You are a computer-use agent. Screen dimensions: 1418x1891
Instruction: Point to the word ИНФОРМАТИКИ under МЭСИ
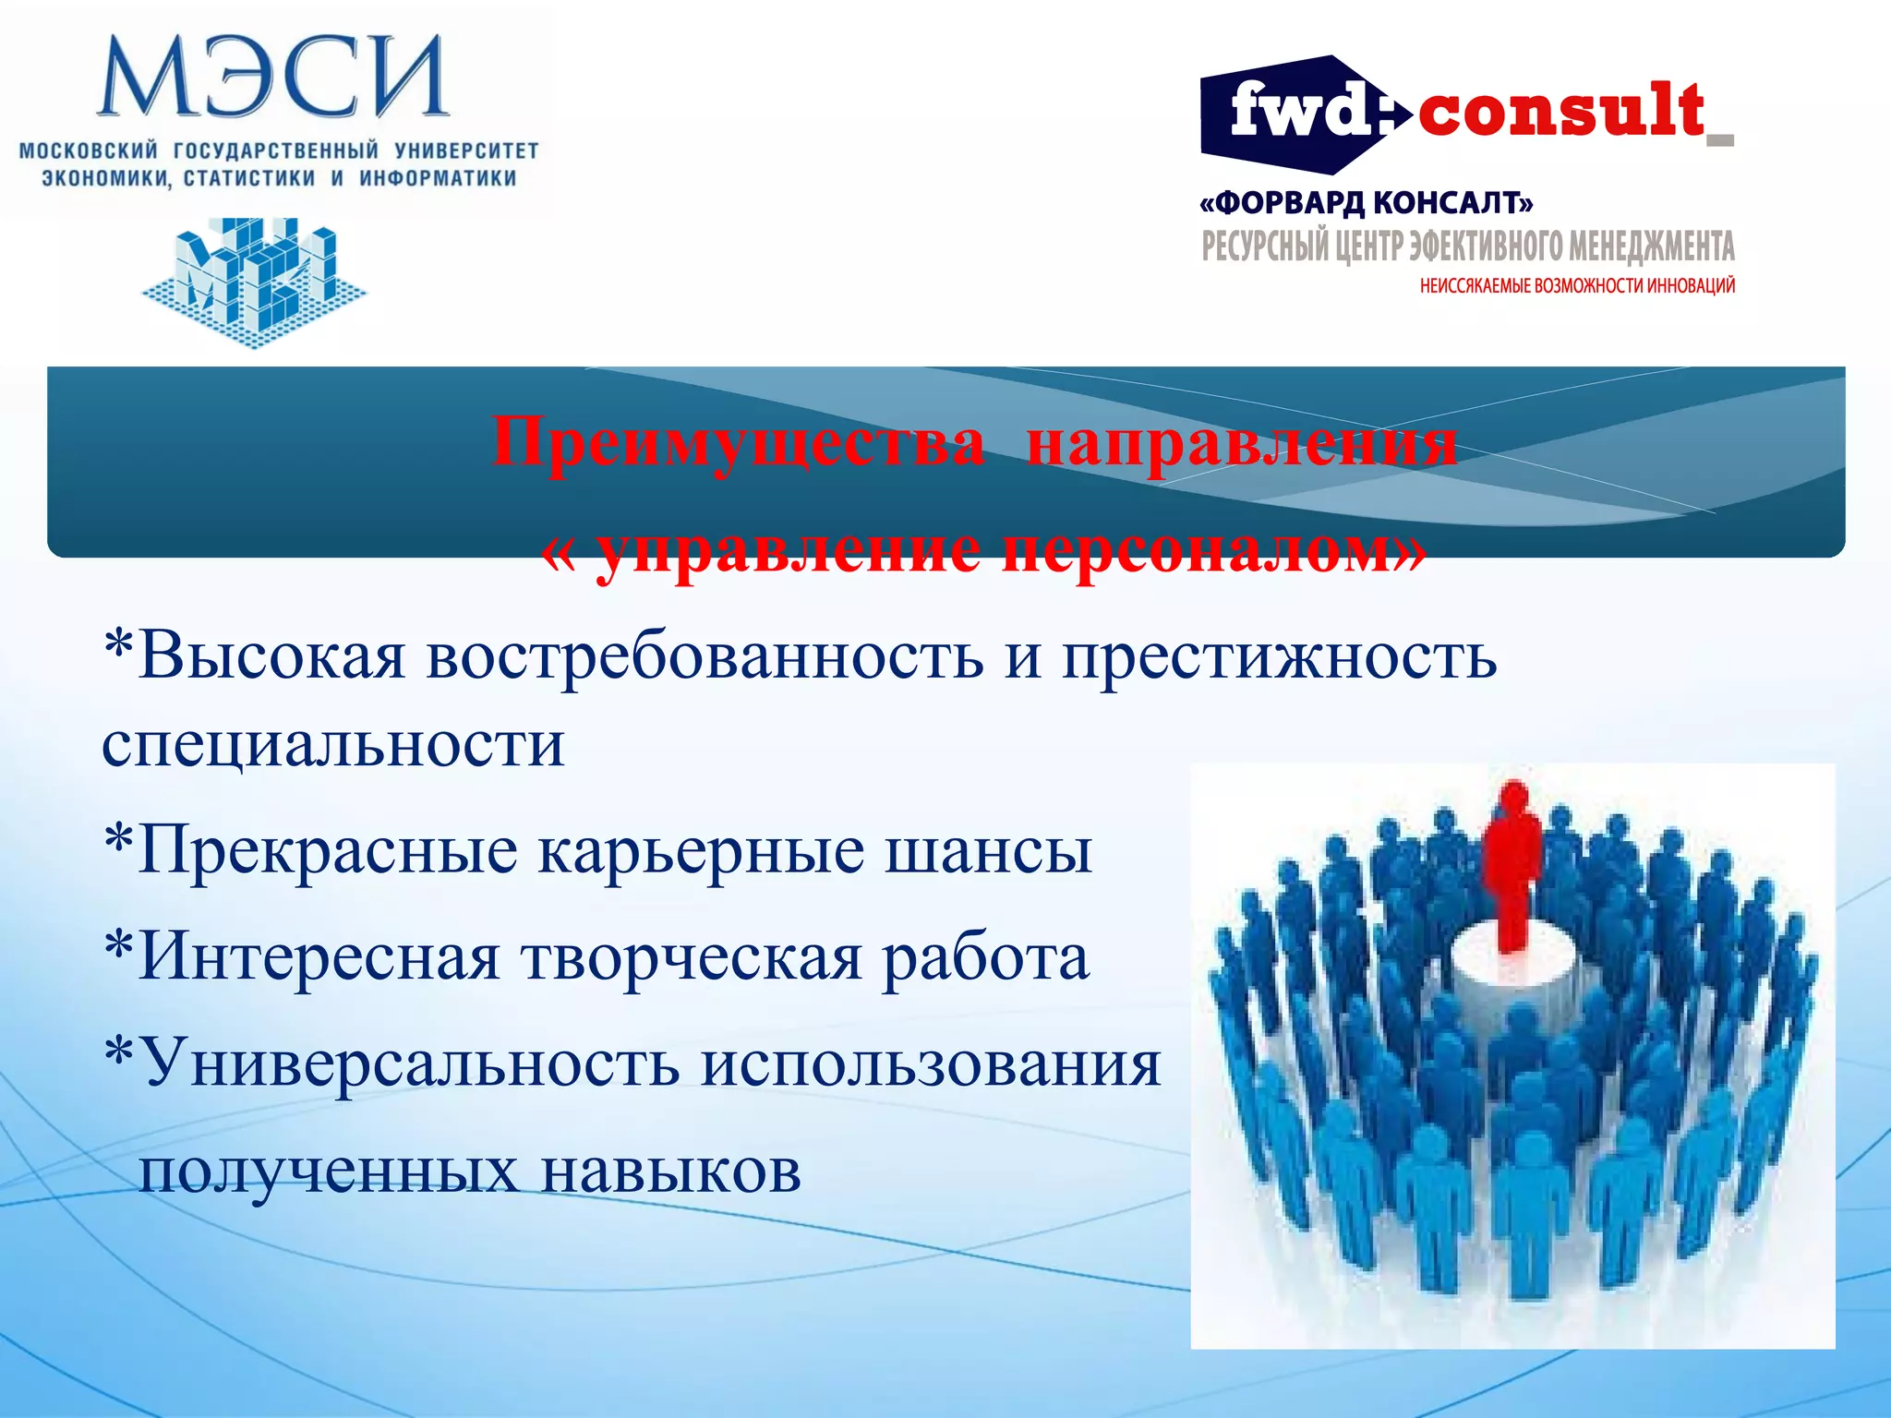(438, 178)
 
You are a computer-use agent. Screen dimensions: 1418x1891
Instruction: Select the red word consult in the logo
(1560, 111)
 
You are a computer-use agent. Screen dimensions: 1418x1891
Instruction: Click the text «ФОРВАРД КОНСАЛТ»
(1367, 202)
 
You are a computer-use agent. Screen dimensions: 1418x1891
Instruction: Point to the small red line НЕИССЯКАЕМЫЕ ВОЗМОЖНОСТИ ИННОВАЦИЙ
(1577, 286)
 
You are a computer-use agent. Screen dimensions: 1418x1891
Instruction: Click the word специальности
(332, 744)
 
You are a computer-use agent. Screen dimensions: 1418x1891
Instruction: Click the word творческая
(693, 957)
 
